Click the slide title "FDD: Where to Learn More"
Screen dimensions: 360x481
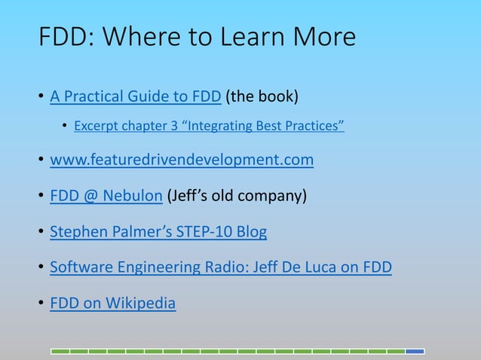197,38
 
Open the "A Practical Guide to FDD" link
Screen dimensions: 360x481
135,96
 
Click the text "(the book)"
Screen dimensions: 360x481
262,96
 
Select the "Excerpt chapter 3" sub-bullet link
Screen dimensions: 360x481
209,126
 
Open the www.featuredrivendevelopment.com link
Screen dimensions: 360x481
181,160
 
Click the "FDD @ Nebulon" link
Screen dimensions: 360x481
106,196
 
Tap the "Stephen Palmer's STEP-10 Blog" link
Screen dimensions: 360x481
158,231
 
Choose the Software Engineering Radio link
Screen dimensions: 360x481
220,267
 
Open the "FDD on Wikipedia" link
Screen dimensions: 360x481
112,304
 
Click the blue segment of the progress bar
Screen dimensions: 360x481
415,351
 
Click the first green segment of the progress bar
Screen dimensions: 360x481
60,351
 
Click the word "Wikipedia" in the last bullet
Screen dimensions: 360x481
140,304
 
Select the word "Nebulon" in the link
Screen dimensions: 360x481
133,196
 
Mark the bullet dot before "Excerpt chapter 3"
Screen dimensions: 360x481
66,127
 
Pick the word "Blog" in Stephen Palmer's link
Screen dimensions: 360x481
251,231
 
